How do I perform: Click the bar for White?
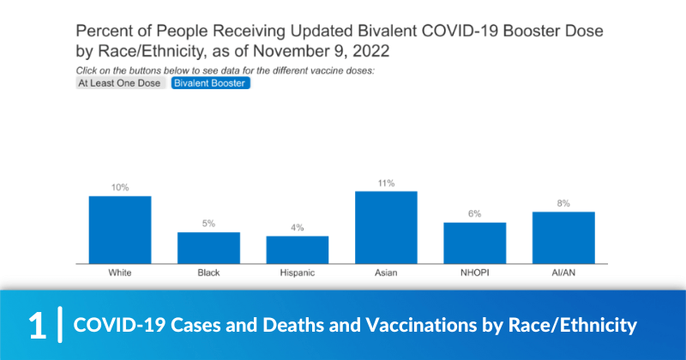pyautogui.click(x=120, y=229)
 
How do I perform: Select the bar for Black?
pyautogui.click(x=208, y=247)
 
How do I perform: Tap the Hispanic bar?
pyautogui.click(x=297, y=249)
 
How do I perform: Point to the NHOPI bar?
pyautogui.click(x=474, y=243)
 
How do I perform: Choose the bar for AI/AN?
pyautogui.click(x=563, y=237)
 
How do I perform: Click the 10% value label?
pyautogui.click(x=120, y=187)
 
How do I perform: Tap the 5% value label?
pyautogui.click(x=208, y=223)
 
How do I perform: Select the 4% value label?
pyautogui.click(x=297, y=227)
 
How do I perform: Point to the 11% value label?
pyautogui.click(x=386, y=183)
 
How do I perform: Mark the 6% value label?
pyautogui.click(x=474, y=213)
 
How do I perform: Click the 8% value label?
pyautogui.click(x=563, y=203)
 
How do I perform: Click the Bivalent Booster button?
pyautogui.click(x=210, y=83)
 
